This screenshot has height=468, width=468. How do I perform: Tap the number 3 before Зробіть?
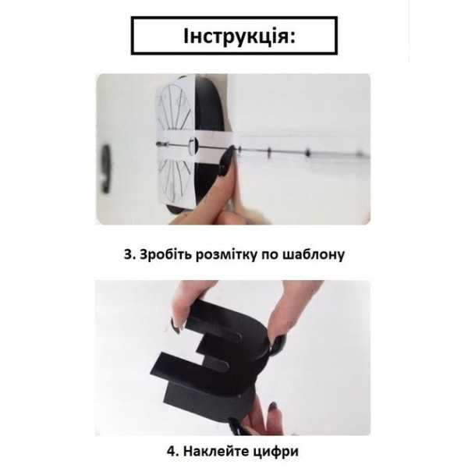tap(127, 254)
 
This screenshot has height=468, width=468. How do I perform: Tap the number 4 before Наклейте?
tap(171, 452)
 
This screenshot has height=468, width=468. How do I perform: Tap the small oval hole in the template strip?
tap(193, 145)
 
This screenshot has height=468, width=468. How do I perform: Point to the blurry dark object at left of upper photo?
tap(106, 168)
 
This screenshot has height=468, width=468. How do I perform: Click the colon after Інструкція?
tap(292, 37)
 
